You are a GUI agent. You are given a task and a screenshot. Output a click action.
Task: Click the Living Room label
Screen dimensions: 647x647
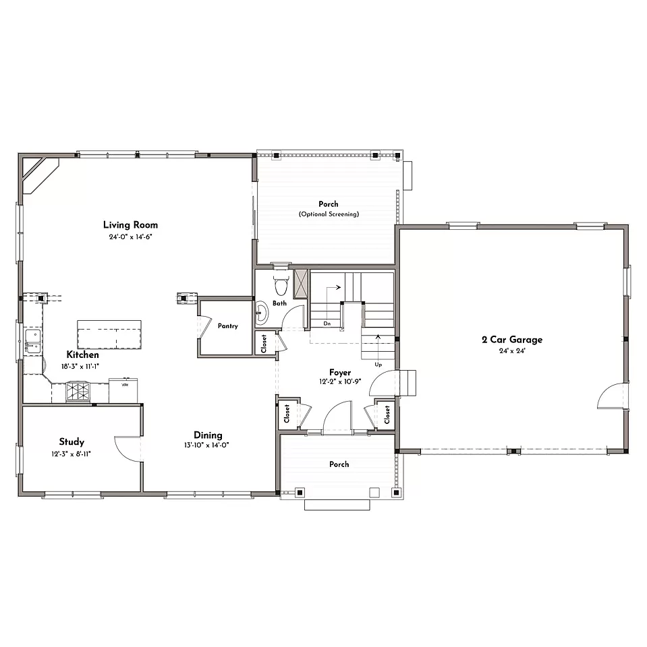131,225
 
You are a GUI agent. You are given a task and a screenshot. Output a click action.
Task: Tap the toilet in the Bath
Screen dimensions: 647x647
281,284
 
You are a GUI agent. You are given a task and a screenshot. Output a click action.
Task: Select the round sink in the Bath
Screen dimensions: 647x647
262,313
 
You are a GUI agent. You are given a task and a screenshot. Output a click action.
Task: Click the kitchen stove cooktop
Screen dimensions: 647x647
78,391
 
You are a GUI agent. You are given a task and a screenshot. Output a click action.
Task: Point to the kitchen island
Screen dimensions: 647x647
109,335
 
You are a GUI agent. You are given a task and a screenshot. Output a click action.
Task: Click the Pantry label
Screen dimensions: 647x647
227,326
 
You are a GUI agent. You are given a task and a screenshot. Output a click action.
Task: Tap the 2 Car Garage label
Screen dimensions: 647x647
512,340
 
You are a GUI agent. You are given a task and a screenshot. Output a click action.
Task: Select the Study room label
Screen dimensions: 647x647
72,442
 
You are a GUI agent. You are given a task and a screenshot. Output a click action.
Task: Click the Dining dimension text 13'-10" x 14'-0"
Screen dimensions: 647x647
206,445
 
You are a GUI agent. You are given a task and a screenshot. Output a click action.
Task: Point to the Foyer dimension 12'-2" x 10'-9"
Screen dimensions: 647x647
340,381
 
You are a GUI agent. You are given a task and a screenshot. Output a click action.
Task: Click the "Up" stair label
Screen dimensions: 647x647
378,365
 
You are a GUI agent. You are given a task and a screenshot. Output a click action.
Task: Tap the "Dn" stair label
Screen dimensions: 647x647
327,323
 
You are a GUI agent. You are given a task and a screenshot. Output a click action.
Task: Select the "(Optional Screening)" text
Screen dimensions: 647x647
329,214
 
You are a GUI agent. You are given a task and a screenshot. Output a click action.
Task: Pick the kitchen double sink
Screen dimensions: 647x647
33,341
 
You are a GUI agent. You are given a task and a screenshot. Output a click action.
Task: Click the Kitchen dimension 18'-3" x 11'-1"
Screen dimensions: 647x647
80,367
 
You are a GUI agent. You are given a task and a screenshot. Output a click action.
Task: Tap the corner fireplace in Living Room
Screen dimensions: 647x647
38,173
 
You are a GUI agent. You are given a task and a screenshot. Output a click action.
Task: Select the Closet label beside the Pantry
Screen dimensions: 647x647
264,344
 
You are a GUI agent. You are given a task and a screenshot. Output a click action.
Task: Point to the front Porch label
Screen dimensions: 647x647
339,464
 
